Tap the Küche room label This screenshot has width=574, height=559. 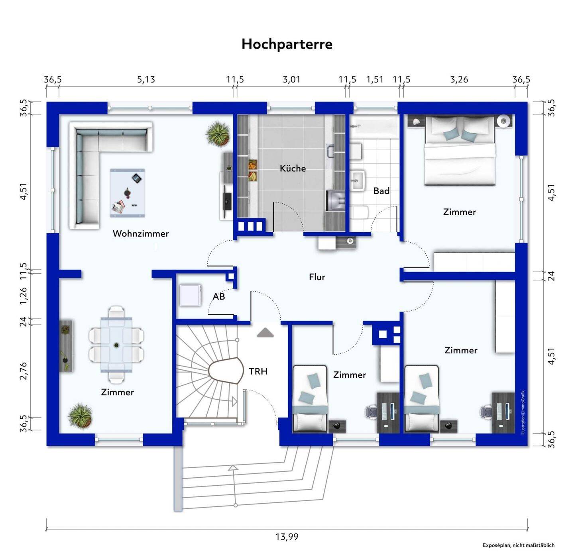[x=293, y=169]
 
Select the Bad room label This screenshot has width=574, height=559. [x=381, y=191]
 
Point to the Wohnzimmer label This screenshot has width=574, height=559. [x=141, y=233]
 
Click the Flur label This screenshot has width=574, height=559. [x=317, y=277]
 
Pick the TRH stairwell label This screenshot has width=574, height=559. [x=258, y=371]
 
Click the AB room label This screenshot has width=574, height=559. [x=219, y=296]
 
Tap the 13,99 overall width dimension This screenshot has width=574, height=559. [x=287, y=537]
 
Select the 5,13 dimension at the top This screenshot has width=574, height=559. [x=146, y=79]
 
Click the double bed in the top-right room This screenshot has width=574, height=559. [x=460, y=150]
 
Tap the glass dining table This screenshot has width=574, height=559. [x=116, y=345]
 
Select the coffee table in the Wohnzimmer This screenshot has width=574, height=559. [x=128, y=193]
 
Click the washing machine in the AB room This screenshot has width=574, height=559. [x=191, y=295]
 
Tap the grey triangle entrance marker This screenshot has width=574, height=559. [x=265, y=333]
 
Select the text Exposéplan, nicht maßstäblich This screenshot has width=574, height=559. [x=518, y=545]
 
